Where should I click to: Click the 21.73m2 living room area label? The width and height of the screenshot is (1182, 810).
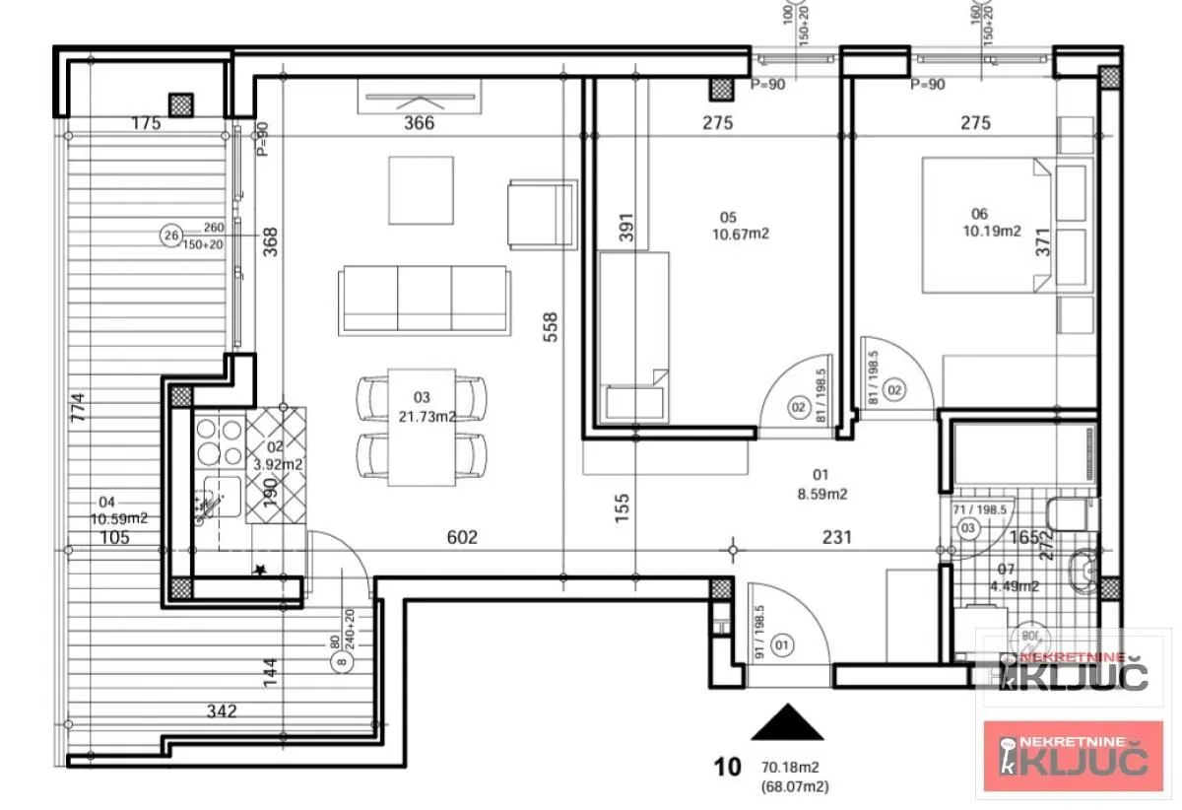[x=427, y=417]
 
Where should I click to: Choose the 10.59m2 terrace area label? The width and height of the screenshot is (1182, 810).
[x=119, y=517]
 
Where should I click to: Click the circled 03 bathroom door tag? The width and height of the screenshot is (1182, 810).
[x=968, y=528]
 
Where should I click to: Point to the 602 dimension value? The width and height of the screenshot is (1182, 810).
[x=462, y=537]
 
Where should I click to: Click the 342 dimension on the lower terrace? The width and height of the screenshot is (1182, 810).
[x=224, y=710]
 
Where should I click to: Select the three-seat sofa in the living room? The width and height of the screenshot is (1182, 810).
[x=425, y=301]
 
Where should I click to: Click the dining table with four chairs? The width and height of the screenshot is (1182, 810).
[x=422, y=426]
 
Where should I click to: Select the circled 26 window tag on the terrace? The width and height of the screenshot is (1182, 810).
[x=171, y=236]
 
